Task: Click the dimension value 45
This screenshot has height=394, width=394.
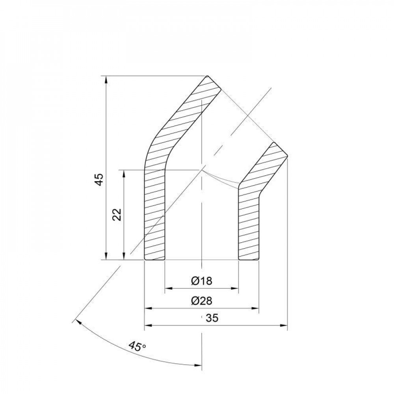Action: tap(99, 179)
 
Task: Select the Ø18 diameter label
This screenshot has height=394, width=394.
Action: tap(201, 281)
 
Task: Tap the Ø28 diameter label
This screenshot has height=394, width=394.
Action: tap(201, 301)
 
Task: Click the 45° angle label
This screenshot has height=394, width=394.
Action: tap(137, 347)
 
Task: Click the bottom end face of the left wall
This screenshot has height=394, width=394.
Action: tap(154, 260)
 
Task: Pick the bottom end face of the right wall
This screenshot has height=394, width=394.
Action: tap(249, 260)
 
